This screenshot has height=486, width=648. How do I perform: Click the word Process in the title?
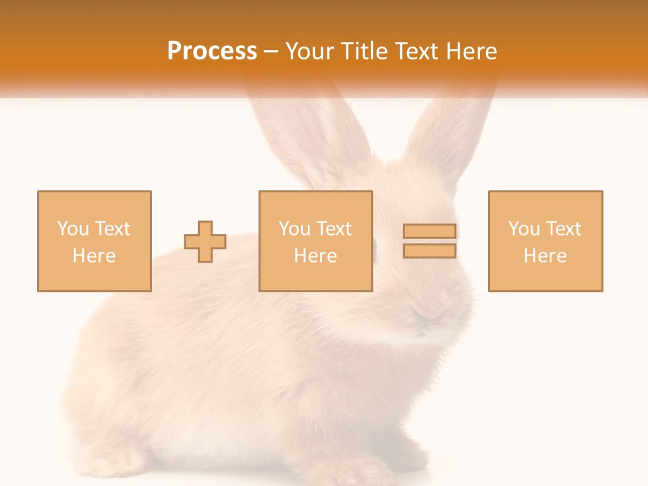tap(212, 51)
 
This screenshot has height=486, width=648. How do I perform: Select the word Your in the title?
tap(309, 51)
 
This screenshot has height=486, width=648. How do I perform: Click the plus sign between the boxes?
tap(205, 242)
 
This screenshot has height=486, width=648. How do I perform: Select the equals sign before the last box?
tap(429, 241)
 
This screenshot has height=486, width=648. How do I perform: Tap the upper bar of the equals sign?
tap(429, 232)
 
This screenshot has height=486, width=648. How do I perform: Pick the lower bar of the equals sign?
tap(429, 251)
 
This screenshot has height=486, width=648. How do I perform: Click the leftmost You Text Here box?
tap(94, 241)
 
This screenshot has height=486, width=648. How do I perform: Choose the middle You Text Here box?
tap(315, 241)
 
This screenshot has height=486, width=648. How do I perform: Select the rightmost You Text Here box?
tap(545, 241)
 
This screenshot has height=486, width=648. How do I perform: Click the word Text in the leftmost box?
tap(112, 229)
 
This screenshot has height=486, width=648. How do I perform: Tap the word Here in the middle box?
tap(315, 256)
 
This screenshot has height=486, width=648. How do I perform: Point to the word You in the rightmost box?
tap(524, 229)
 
